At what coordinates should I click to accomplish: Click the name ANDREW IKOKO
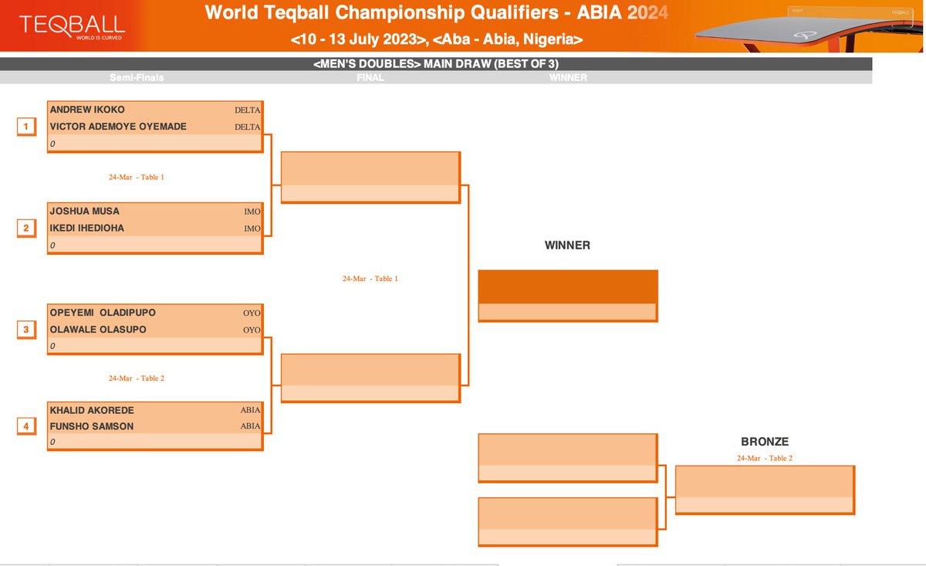click(x=87, y=110)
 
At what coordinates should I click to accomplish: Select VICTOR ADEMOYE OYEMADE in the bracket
click(x=118, y=127)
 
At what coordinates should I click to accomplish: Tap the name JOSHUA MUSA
click(x=85, y=211)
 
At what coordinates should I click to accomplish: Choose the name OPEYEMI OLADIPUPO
click(x=103, y=313)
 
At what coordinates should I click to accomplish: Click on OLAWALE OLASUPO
click(x=98, y=330)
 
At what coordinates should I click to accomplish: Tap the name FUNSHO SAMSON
click(x=92, y=426)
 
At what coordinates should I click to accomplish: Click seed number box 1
click(x=25, y=127)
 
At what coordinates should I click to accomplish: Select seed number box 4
click(x=25, y=426)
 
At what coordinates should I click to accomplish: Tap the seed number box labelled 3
click(x=25, y=330)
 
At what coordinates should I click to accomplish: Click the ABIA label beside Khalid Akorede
click(x=251, y=410)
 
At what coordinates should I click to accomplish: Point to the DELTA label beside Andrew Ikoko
click(x=248, y=110)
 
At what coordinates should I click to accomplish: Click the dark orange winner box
click(x=568, y=286)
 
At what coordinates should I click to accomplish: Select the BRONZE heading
click(x=765, y=442)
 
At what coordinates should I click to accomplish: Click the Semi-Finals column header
click(x=137, y=78)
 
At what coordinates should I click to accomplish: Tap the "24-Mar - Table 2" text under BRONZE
click(x=765, y=458)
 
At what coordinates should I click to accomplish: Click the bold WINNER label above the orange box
click(x=567, y=246)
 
